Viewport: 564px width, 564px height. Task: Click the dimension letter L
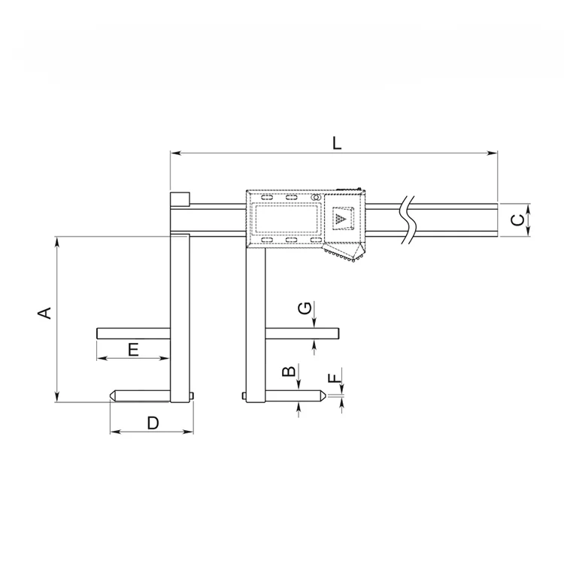[337, 143]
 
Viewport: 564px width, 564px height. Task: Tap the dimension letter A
[44, 313]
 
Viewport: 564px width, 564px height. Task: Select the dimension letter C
[517, 220]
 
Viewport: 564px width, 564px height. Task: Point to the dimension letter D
[153, 423]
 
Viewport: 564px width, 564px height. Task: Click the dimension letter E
[133, 350]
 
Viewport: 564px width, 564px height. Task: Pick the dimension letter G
[305, 308]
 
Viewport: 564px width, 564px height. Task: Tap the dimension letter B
[289, 371]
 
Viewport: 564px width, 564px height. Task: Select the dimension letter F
[334, 378]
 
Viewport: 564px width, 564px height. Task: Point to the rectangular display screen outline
[286, 218]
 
